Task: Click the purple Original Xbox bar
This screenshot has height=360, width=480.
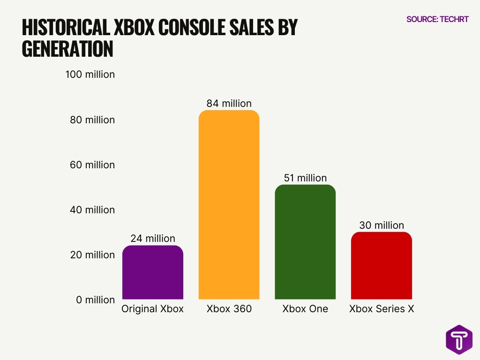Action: coord(152,273)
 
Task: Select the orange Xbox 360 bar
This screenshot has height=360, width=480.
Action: coord(229,205)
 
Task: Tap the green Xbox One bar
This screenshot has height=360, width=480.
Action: coord(305,242)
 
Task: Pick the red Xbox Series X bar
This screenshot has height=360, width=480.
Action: coord(382,266)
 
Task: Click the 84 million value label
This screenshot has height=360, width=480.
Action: coord(229,103)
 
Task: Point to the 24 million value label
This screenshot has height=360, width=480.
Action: coord(152,239)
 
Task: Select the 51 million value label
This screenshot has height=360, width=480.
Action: coord(305,178)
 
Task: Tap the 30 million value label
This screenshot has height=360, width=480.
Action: coord(382,225)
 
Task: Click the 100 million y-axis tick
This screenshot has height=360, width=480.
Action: coord(90,75)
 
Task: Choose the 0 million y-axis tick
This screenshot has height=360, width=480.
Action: coord(95,300)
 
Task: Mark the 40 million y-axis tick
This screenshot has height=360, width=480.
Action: coord(92,210)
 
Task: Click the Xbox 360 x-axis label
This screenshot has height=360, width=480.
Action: coord(229,309)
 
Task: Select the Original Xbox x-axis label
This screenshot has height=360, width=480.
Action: coord(152,309)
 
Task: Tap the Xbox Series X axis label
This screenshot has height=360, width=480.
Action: coord(382,309)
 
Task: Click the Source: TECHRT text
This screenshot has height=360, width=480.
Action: coord(437,19)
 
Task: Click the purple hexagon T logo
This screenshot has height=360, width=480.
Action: coord(459,340)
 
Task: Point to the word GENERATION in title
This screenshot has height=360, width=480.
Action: coord(67,49)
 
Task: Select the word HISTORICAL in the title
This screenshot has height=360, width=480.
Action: coord(66,28)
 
